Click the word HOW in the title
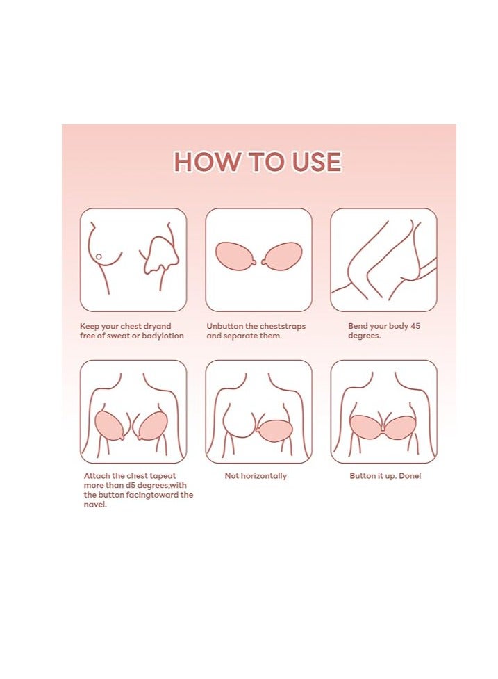(203, 162)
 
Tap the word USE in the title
(313, 162)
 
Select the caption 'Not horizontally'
(256, 476)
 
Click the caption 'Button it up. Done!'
(385, 476)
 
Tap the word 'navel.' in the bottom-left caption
(96, 505)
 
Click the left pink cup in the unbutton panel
(236, 256)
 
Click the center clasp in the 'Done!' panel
(383, 422)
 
